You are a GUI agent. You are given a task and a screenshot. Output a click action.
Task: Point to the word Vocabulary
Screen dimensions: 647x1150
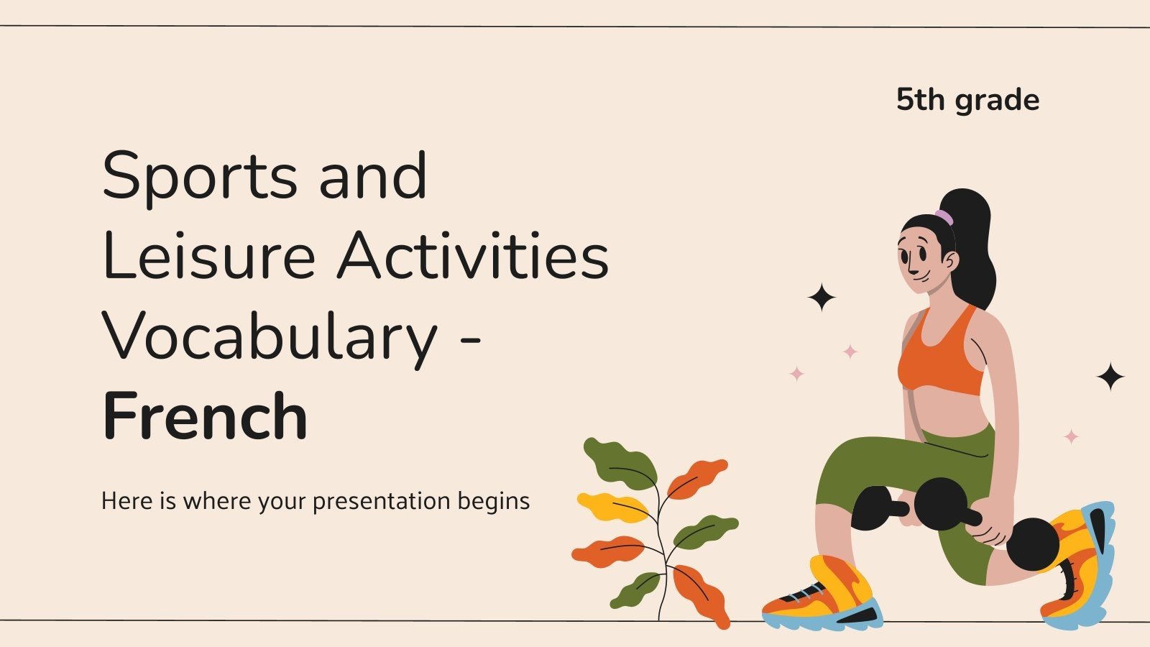click(x=270, y=338)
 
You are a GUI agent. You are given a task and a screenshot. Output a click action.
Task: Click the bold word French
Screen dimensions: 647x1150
click(x=206, y=417)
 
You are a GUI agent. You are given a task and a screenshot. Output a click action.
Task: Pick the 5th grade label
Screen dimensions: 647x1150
click(x=967, y=100)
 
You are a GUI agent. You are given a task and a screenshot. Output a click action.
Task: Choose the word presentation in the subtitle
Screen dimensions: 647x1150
click(x=370, y=501)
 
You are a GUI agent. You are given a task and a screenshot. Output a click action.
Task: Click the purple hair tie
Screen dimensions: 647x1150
click(x=944, y=216)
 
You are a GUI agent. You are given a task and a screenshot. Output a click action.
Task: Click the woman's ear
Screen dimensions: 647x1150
click(x=949, y=260)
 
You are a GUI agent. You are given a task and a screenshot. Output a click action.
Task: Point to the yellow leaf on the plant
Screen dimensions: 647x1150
click(x=611, y=507)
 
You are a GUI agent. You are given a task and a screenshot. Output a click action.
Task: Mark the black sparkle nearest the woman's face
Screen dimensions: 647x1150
click(x=822, y=297)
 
